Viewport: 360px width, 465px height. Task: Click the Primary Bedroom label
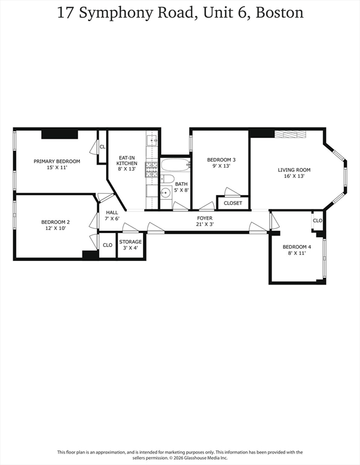[x=57, y=161]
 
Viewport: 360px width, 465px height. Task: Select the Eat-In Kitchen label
[x=127, y=160]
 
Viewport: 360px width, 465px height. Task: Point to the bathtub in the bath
[x=175, y=165]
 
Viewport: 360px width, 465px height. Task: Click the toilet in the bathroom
[x=167, y=179]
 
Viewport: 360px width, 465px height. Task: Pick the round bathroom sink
[x=165, y=193]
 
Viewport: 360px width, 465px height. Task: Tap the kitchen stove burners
[x=152, y=170]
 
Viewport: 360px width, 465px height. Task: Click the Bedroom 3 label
[x=221, y=160]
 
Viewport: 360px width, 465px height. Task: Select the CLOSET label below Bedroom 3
[x=233, y=203]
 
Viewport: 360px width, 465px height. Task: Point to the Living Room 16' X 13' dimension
[x=294, y=176]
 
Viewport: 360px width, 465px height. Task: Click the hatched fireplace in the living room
[x=290, y=134]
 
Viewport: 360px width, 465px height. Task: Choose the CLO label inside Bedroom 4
[x=318, y=220]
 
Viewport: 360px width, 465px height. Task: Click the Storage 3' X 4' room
[x=130, y=245]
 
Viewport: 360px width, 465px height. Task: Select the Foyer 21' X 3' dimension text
[x=205, y=225]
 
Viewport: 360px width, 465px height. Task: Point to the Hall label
[x=112, y=213]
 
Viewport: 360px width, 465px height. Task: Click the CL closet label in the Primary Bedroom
[x=102, y=147]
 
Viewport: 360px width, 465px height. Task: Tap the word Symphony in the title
[x=115, y=13]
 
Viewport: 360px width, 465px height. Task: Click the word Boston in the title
[x=279, y=13]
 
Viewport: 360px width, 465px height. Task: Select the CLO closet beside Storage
[x=107, y=245]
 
